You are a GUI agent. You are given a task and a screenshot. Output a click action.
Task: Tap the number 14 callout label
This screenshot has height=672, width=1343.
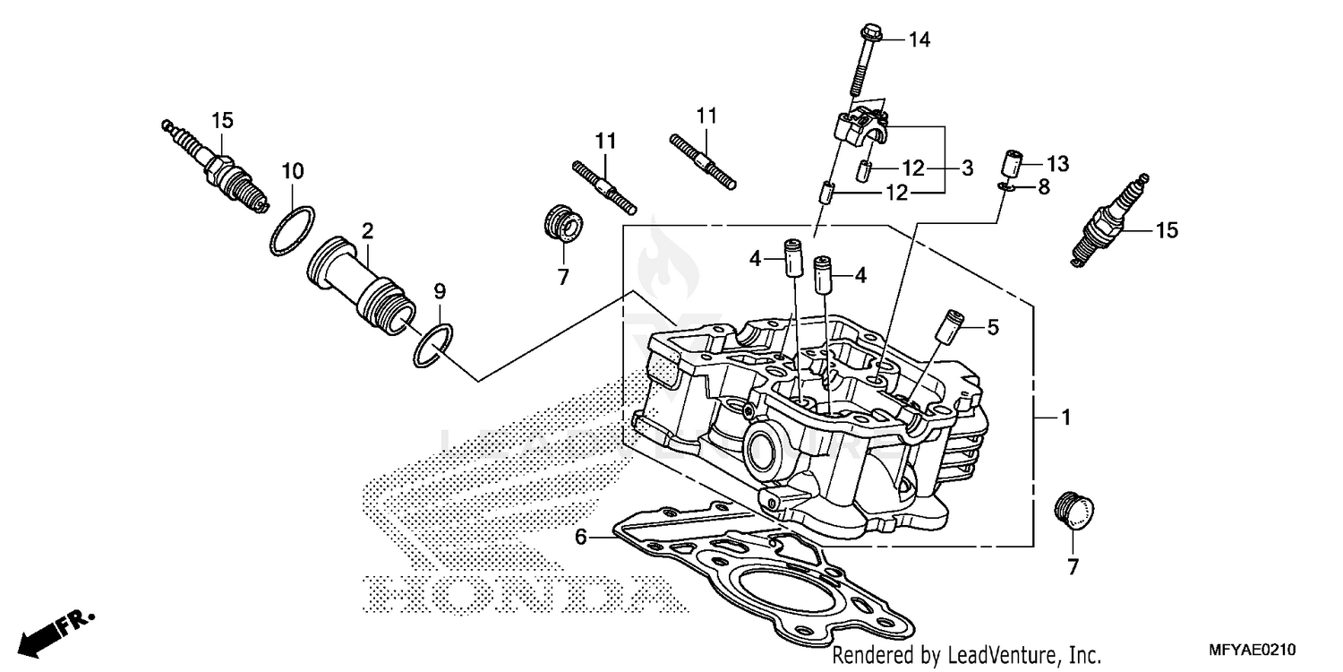point(920,39)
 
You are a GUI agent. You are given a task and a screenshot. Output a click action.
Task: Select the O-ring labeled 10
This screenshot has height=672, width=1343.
point(293,230)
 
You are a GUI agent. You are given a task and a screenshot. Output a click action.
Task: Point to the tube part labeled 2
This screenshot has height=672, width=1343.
point(363,282)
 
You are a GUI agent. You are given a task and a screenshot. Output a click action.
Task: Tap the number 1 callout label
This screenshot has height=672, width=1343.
point(1065,418)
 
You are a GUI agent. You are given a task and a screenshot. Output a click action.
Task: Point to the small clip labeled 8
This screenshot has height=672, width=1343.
point(1005,186)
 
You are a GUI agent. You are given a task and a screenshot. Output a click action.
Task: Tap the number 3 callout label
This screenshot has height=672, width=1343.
point(967,168)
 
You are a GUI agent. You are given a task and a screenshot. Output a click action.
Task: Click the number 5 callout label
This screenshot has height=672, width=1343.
point(992,329)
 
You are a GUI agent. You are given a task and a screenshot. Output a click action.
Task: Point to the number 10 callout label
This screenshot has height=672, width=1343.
point(293,170)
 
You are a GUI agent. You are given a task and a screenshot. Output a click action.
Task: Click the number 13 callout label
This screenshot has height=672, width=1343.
point(1057,163)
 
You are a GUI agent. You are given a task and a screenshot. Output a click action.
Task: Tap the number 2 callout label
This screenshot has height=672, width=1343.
point(367,231)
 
